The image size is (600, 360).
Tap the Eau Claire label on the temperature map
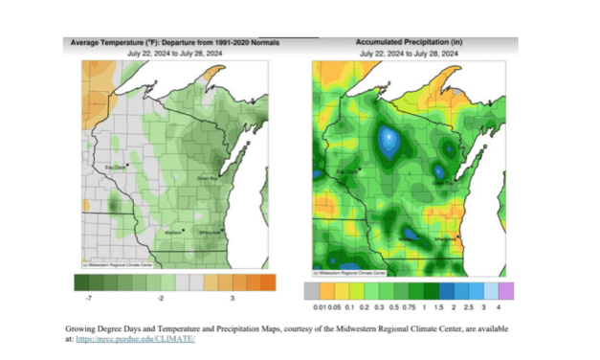[x=116, y=169]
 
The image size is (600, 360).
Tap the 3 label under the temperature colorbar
[x=246, y=298]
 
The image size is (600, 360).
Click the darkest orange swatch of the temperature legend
[x=267, y=282]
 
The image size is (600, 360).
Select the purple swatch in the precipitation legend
[x=505, y=287]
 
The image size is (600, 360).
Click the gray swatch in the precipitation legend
[x=311, y=287]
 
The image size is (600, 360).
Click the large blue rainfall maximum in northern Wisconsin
[x=389, y=142]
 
